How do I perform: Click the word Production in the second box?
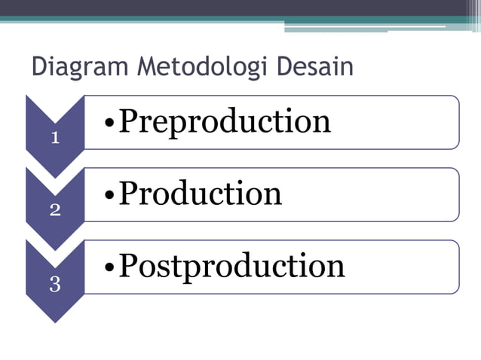coord(201,194)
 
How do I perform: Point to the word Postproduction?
coord(231,267)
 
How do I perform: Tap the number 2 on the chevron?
coord(55,210)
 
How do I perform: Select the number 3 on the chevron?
coord(55,283)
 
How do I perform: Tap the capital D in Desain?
coord(286,67)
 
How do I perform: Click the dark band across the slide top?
coord(226,8)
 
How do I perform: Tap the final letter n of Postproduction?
coord(336,267)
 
